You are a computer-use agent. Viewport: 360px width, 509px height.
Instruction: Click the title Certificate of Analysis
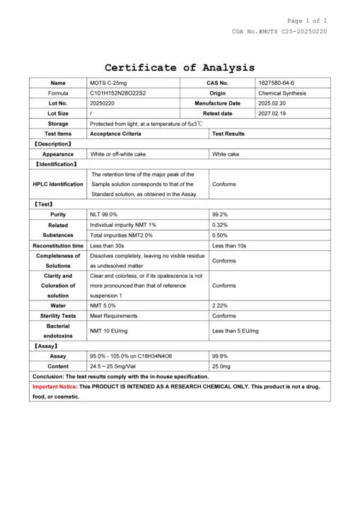[180, 68]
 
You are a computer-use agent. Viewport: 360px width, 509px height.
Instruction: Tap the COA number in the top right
[279, 32]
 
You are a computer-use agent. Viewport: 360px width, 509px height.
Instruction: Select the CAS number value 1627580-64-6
[277, 83]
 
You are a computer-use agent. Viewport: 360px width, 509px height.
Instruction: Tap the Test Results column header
[228, 133]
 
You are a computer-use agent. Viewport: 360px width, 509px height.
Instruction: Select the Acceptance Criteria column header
[115, 133]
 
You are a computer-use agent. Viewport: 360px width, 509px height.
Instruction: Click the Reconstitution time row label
[59, 245]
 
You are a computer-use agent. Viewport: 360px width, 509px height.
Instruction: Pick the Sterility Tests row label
[59, 315]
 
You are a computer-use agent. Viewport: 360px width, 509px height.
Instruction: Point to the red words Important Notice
[55, 387]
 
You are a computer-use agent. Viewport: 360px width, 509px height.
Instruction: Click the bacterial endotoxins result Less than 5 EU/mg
[236, 331]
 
